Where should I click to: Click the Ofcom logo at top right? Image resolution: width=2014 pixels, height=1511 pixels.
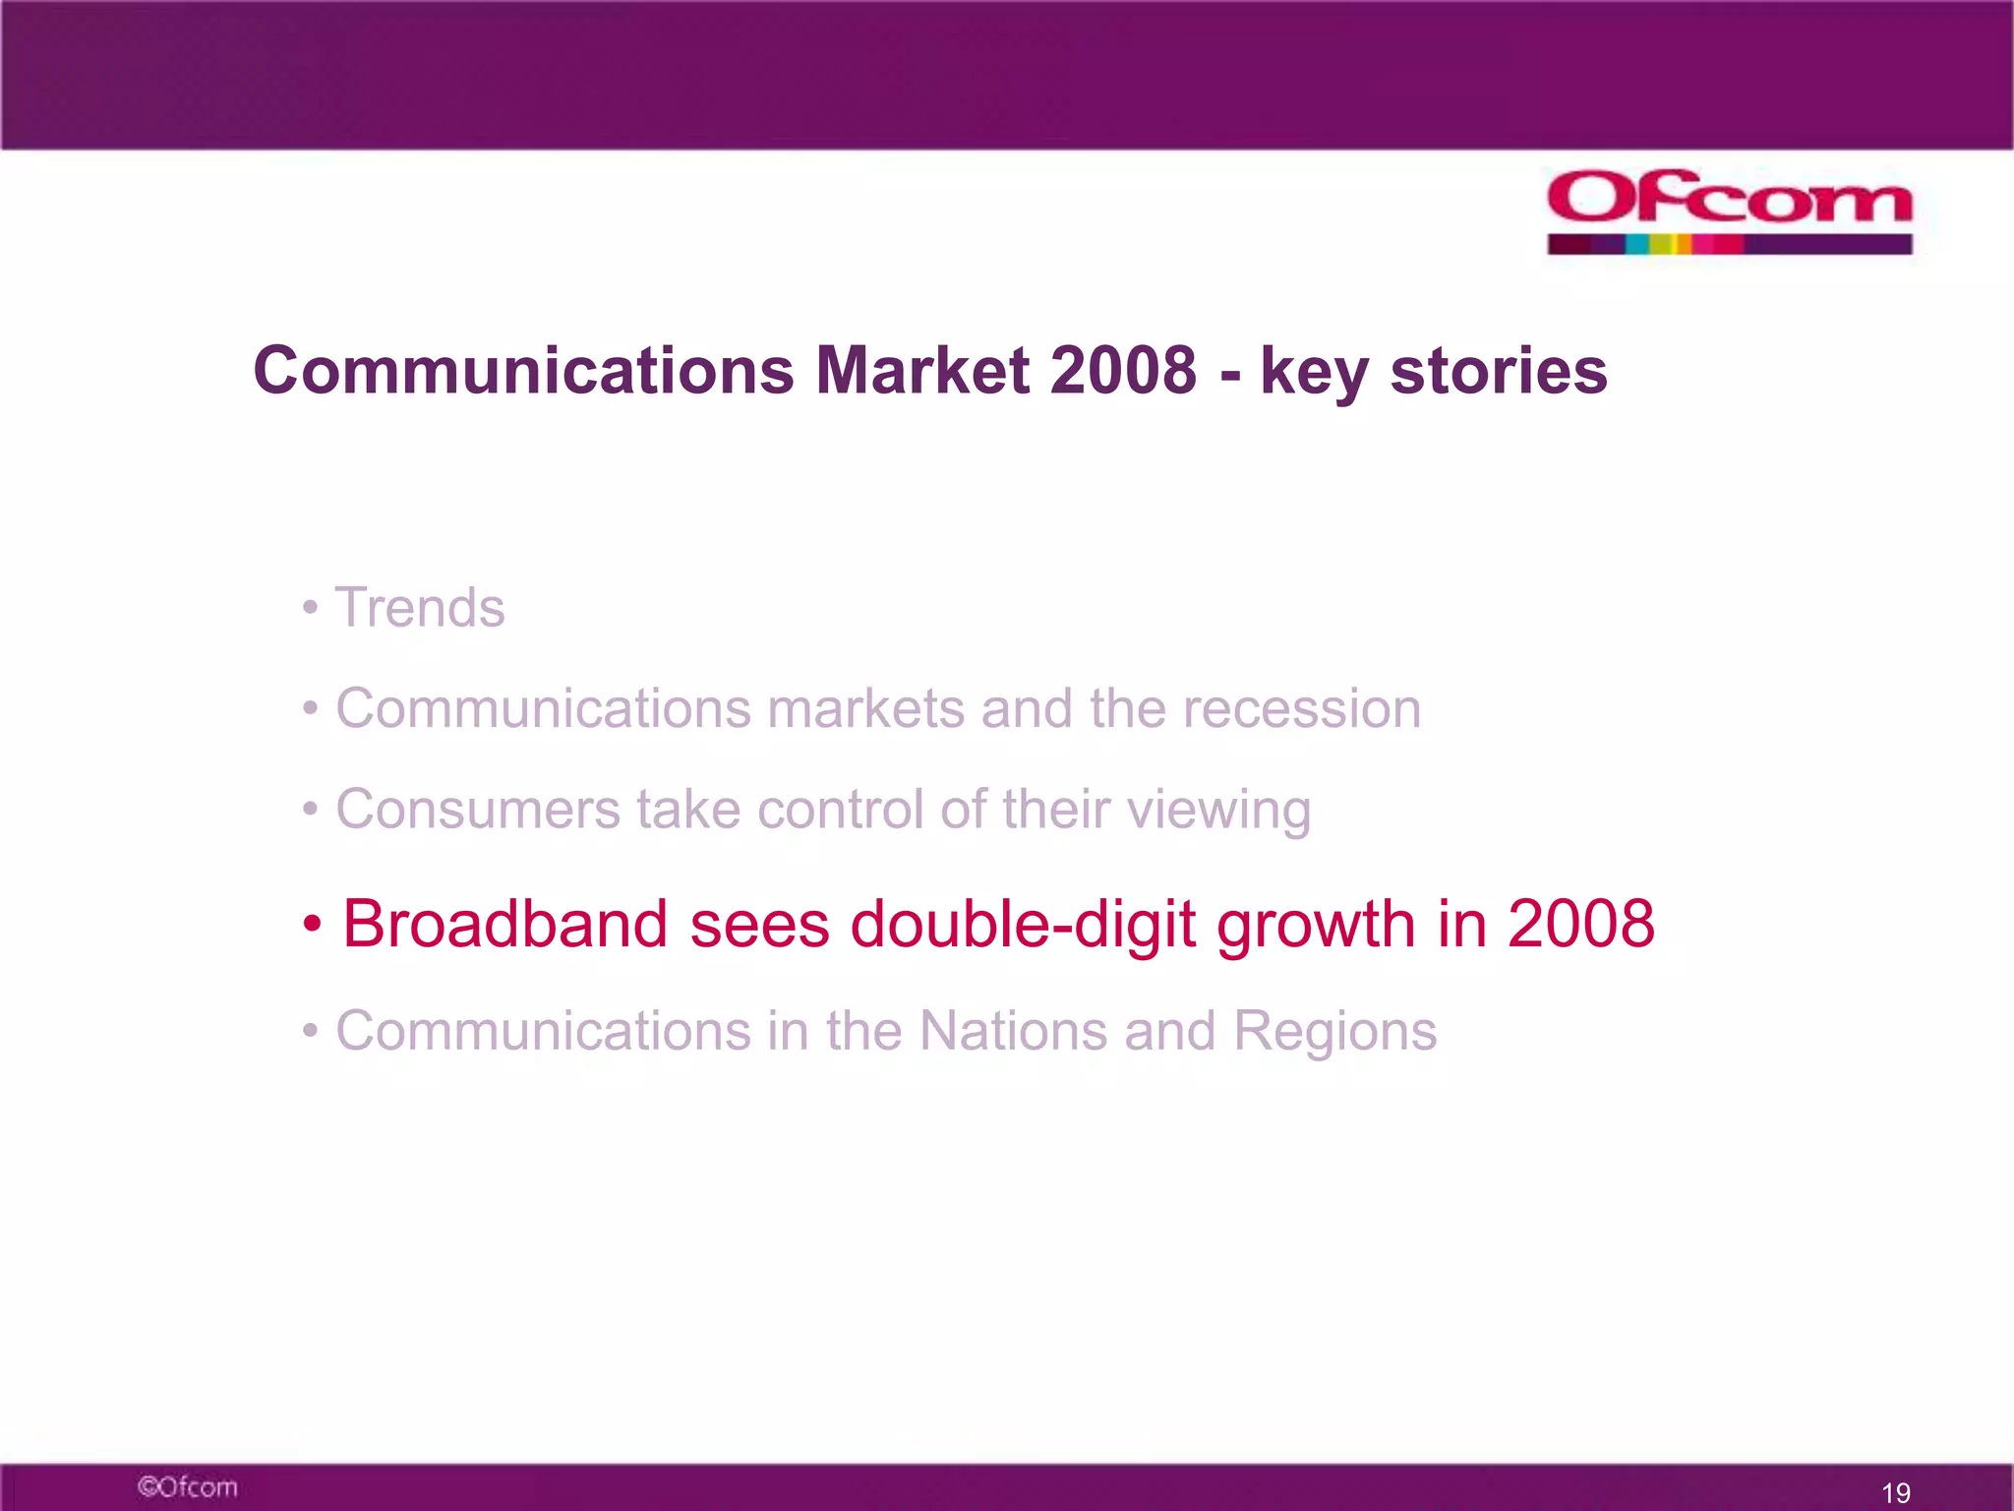(1729, 199)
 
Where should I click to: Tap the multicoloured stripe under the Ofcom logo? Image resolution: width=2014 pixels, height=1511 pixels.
(1729, 244)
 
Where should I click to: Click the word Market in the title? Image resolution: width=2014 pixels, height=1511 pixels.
(922, 371)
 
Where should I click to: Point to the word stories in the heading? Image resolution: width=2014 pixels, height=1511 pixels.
(1498, 371)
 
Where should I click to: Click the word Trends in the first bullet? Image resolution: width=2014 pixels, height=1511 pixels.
(420, 607)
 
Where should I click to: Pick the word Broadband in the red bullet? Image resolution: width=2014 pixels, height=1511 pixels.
(504, 924)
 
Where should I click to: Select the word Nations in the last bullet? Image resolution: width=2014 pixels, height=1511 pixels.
(1013, 1031)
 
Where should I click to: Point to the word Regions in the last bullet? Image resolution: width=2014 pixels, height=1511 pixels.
(1334, 1033)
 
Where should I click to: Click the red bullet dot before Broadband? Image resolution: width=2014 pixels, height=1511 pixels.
(312, 925)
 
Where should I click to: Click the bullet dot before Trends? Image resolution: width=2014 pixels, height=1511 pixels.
(310, 608)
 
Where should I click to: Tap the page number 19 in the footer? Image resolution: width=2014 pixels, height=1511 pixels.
(1895, 1492)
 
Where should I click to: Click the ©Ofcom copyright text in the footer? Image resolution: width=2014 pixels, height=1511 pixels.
(187, 1486)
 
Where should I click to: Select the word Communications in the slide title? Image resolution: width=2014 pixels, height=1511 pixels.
(523, 371)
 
